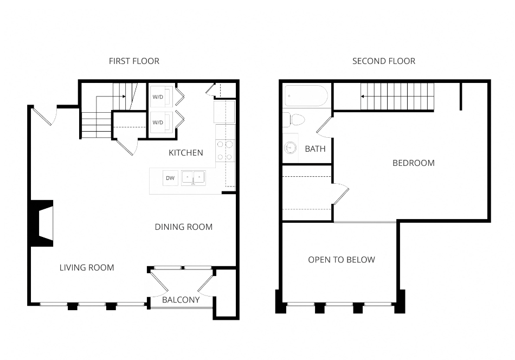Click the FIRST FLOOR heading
tap(134, 61)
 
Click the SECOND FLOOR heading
tap(384, 61)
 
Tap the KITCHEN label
tap(185, 153)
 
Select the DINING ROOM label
tap(184, 227)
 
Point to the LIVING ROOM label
tap(87, 268)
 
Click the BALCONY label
tap(181, 300)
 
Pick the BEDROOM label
tap(414, 163)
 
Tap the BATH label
tap(315, 149)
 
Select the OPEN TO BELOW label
tap(341, 260)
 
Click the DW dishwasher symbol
tap(170, 178)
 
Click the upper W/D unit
tap(161, 97)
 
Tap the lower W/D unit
tap(161, 122)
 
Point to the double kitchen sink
tap(193, 178)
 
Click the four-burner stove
tap(225, 150)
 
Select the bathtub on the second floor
tap(306, 96)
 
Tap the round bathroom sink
tap(290, 148)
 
